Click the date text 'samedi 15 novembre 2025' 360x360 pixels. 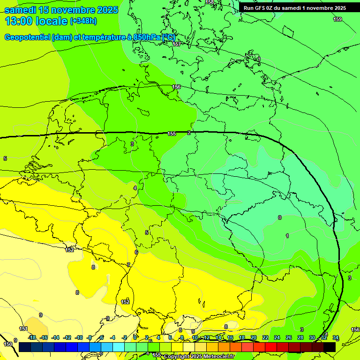61,10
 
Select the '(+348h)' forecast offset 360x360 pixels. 84,21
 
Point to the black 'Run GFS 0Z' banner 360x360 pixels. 294,8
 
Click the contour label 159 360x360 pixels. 337,19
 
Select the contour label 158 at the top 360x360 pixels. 210,2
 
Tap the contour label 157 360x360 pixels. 177,44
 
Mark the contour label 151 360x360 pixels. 23,329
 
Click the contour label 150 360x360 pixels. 8,344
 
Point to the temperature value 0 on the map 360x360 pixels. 280,217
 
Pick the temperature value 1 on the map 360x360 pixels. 287,236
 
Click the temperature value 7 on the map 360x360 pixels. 128,265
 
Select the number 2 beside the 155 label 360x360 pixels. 189,133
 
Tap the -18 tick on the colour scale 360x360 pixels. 32,337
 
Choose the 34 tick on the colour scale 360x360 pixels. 336,337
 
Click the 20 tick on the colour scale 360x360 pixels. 254,337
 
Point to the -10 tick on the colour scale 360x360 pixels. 79,337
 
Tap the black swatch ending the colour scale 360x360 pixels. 330,347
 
